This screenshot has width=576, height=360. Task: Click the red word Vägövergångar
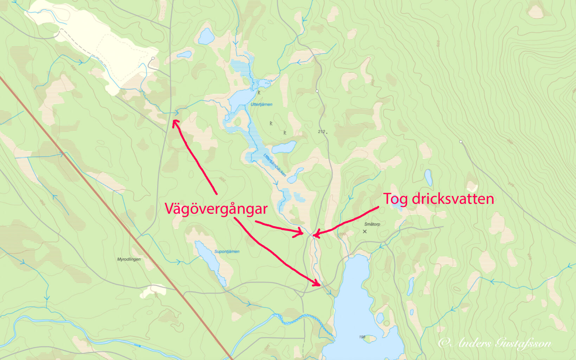(x=216, y=209)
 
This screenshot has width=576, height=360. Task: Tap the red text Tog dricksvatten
(x=438, y=199)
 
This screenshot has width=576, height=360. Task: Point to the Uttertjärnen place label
(x=261, y=104)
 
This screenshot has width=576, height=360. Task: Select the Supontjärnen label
(x=227, y=252)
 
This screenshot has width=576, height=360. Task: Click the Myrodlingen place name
(x=129, y=259)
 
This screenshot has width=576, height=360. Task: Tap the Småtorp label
(x=372, y=224)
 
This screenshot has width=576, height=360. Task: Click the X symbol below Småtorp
(x=365, y=231)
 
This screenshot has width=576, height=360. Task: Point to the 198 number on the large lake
(x=362, y=337)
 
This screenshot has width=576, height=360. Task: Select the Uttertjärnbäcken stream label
(x=275, y=165)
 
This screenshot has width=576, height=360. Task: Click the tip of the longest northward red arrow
(x=174, y=120)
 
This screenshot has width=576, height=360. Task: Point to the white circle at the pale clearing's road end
(x=153, y=58)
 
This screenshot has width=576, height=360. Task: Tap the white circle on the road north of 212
(x=317, y=91)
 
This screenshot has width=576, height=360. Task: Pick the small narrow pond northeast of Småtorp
(x=428, y=178)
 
